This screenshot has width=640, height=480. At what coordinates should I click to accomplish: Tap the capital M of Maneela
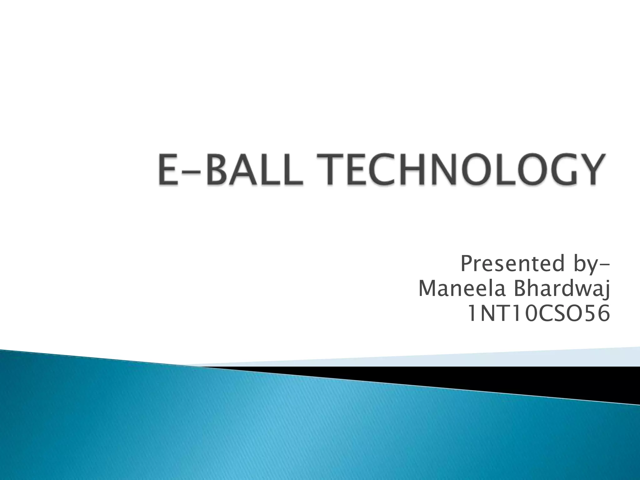tap(428, 289)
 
